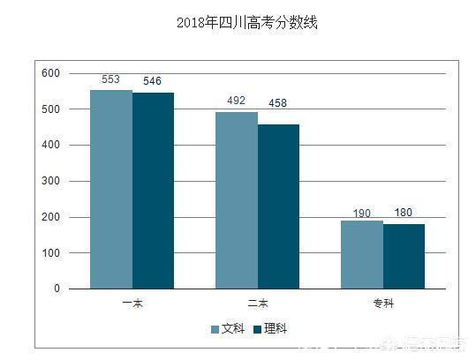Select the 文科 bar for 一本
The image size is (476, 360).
pos(111,189)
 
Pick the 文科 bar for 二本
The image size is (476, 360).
pos(237,200)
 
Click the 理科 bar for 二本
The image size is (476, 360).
pos(278,206)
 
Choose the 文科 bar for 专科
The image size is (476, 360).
pos(362,254)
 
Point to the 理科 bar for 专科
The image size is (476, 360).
pos(404,256)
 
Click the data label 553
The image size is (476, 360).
pos(111,79)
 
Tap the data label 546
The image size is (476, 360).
pos(153,82)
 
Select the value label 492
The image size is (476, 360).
pos(237,101)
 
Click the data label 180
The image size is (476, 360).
pos(404,213)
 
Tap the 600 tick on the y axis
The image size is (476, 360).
pos(50,73)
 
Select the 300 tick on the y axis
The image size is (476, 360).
pos(50,181)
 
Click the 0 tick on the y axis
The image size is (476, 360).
pos(57,289)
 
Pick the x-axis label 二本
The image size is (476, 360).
pos(257,304)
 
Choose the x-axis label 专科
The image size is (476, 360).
pos(383,304)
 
